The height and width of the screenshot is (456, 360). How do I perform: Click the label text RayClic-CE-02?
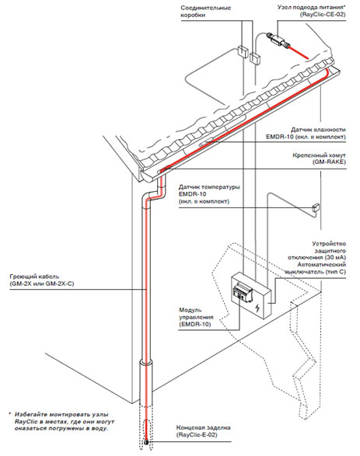(323, 14)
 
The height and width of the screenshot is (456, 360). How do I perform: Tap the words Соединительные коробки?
(205, 12)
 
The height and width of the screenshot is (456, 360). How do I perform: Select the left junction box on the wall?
(243, 50)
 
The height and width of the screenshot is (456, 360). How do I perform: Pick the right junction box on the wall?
(255, 57)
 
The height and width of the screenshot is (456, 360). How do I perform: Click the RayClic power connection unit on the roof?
(278, 40)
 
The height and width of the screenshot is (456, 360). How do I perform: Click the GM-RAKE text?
(329, 162)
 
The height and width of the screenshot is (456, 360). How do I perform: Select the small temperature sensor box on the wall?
(315, 207)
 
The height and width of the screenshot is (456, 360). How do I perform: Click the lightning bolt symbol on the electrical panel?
(257, 307)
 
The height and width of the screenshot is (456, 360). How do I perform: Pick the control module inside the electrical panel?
(241, 291)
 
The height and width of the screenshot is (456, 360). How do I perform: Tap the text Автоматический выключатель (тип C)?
(316, 268)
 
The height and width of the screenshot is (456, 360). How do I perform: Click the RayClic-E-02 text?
(197, 435)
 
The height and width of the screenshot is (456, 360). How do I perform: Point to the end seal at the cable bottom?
(146, 442)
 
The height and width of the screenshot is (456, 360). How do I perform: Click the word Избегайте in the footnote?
(30, 414)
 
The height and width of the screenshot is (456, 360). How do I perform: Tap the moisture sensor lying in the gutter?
(207, 141)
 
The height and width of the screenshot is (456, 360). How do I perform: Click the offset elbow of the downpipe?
(153, 193)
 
